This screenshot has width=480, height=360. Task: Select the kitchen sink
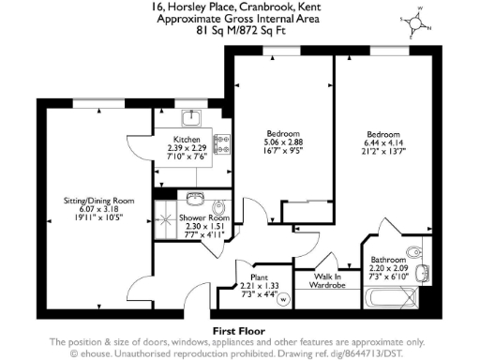pos(191,116)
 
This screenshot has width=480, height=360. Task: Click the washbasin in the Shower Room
pos(195,199)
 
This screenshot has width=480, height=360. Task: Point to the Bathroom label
pos(386,260)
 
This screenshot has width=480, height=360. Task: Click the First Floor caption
pos(239,331)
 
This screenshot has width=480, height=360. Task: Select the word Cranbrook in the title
pos(258,7)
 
